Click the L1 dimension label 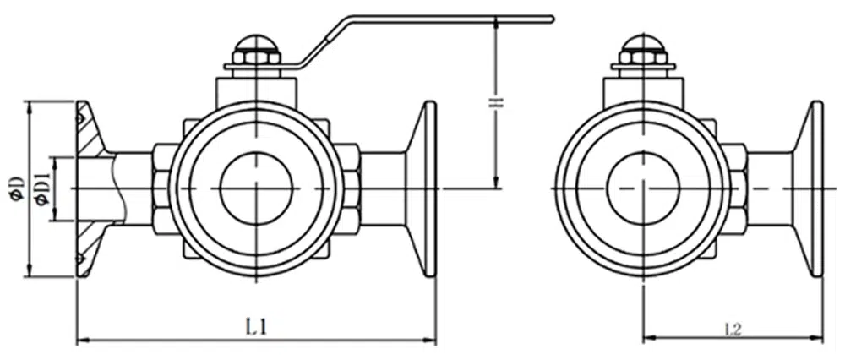[257, 328]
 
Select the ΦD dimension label [16, 188]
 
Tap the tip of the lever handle [552, 19]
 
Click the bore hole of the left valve [257, 188]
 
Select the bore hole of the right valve [643, 188]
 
